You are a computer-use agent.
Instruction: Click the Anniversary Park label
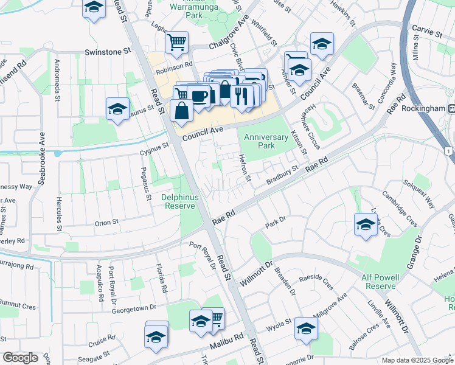pos(266,141)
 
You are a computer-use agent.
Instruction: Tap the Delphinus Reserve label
pos(178,201)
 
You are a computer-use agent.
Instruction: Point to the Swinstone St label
pos(108,53)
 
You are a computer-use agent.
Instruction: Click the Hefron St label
pos(245,167)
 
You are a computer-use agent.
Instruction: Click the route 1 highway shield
pos(448,150)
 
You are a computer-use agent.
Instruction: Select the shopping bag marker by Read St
pos(182,110)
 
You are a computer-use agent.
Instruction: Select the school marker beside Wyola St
pos(306,328)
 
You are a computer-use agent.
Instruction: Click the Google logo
pos(20,358)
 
